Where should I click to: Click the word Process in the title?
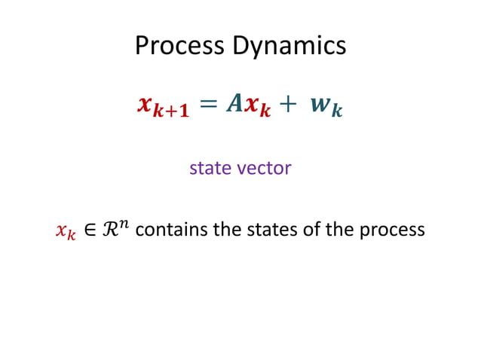click(x=179, y=46)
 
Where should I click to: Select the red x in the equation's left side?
click(x=146, y=105)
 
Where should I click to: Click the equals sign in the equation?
click(x=211, y=105)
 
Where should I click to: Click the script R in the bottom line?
click(x=109, y=229)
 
